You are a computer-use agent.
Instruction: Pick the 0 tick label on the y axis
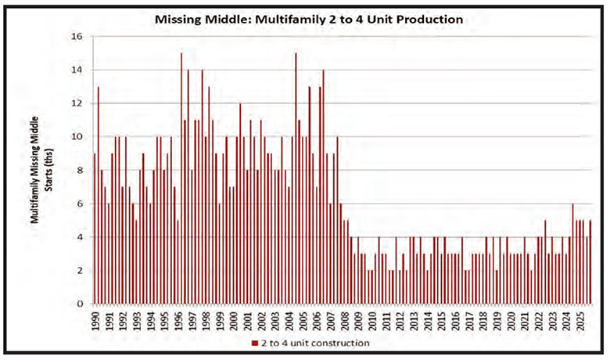click(x=80, y=304)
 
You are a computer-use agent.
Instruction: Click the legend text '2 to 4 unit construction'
click(x=313, y=343)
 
